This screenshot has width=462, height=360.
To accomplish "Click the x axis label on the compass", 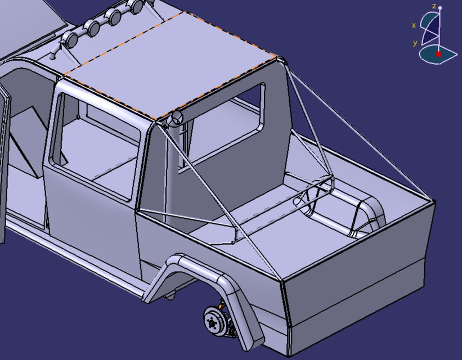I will pos(414,25).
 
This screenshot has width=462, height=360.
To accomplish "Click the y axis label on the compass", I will pos(415,43).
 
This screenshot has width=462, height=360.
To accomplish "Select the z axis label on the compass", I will pos(434,6).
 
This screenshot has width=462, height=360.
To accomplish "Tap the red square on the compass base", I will pos(438,55).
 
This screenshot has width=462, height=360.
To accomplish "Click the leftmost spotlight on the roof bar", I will pos(71,39).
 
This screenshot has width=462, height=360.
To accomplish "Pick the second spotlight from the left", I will pos(93,28).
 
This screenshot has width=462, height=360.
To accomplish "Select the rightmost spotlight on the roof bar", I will pos(136,7).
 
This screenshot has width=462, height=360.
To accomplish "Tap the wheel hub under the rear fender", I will pos(213,322).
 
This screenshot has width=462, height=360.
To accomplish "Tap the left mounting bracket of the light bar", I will pos(54,55).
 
